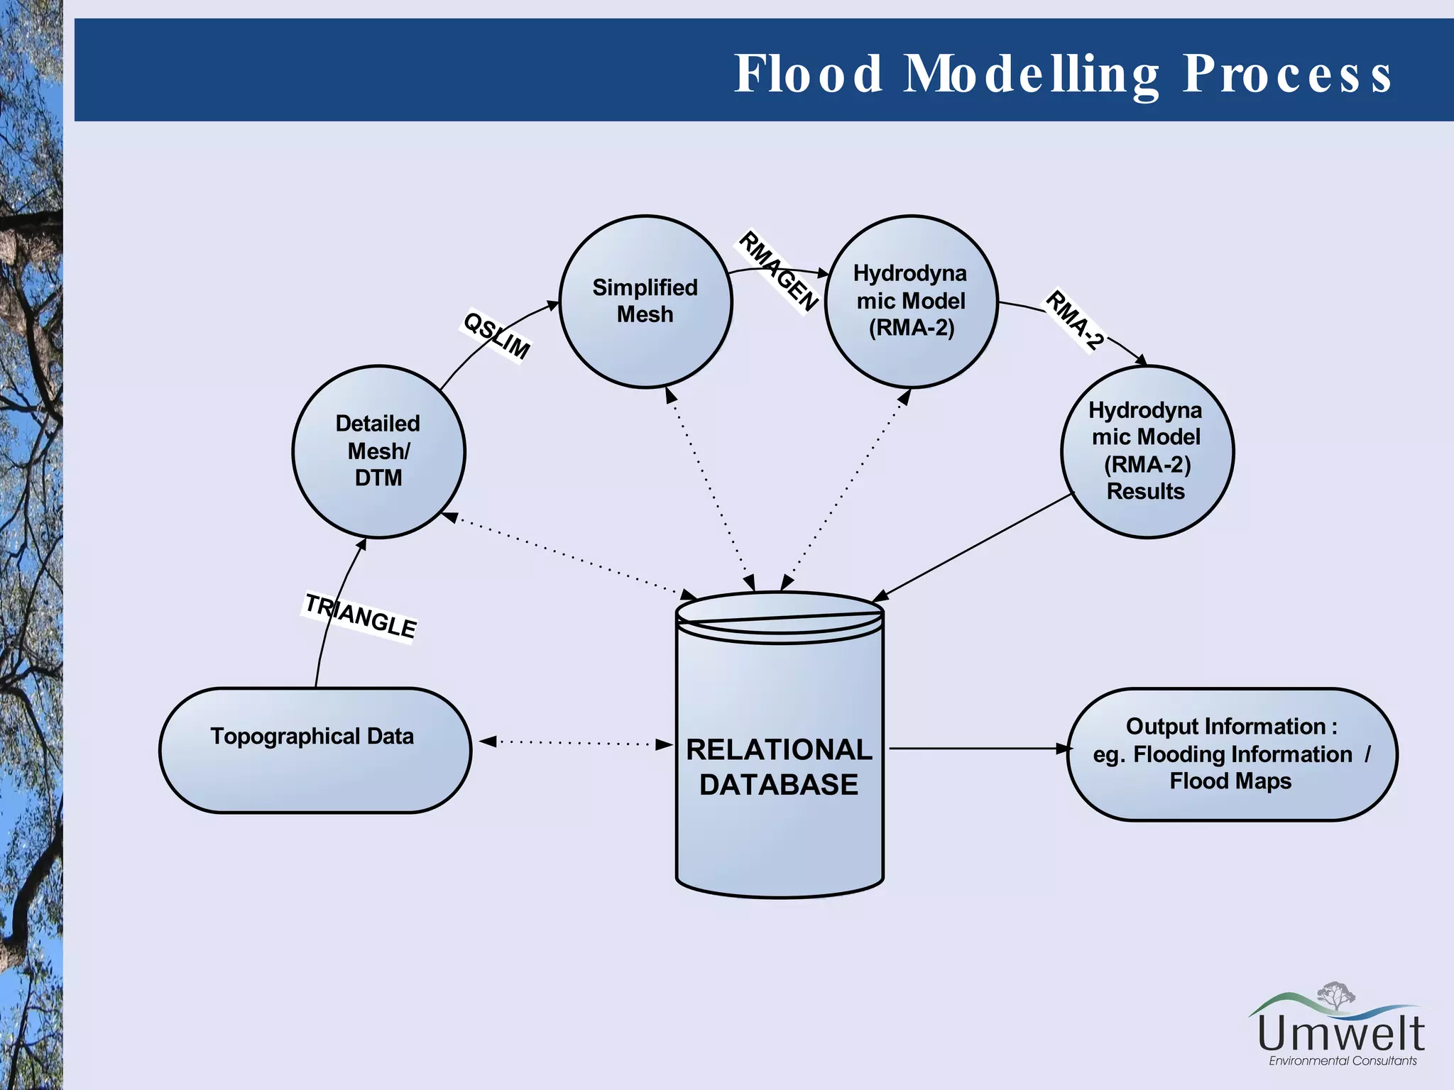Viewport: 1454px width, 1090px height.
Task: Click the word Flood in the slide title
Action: click(x=808, y=74)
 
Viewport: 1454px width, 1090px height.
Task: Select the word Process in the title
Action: click(x=1286, y=74)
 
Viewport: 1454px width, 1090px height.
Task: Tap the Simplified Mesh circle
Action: click(x=645, y=301)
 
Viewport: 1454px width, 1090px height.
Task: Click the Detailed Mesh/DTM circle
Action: click(x=378, y=451)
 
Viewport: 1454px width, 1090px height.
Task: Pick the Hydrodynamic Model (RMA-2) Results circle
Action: click(x=1147, y=451)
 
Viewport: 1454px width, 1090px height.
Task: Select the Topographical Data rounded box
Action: click(x=315, y=749)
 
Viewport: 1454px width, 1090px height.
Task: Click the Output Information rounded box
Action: click(x=1232, y=754)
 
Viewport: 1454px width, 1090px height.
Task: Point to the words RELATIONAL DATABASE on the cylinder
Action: click(x=779, y=767)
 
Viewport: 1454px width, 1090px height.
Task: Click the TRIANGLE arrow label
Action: click(x=360, y=616)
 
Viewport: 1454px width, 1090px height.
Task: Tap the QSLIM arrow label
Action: click(x=496, y=336)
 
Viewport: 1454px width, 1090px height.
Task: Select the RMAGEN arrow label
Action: click(x=778, y=271)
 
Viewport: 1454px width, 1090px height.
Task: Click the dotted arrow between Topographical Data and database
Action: click(x=575, y=743)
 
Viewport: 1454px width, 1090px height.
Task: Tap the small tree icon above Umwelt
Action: click(x=1335, y=995)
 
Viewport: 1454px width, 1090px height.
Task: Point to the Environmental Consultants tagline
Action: click(x=1343, y=1061)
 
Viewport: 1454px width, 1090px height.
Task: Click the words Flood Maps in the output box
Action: click(x=1230, y=781)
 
